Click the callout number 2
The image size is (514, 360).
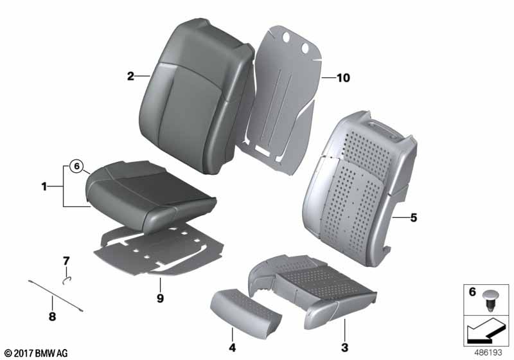click(130, 76)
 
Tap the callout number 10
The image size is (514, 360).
click(343, 78)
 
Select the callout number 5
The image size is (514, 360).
click(413, 217)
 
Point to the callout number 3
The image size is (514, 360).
click(344, 348)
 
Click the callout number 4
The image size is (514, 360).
click(232, 348)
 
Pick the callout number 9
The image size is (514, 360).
click(160, 298)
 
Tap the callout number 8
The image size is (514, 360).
click(52, 317)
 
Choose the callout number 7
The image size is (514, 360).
click(66, 261)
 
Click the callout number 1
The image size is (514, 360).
click(44, 187)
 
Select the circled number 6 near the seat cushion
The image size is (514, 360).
click(76, 166)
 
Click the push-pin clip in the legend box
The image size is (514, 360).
click(490, 301)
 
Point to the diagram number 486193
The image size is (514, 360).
click(488, 353)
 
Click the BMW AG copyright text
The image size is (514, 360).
click(37, 353)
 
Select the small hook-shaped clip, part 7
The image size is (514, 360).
click(67, 280)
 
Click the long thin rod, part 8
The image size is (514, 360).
click(55, 296)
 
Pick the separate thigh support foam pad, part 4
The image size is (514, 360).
click(246, 309)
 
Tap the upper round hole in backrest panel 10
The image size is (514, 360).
click(286, 37)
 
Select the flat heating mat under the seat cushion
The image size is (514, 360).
click(158, 251)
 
